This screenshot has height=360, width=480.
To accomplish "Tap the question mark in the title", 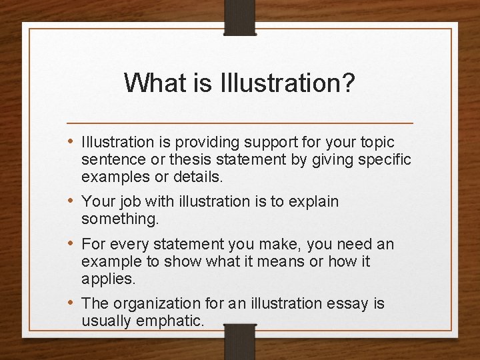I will point(348,83).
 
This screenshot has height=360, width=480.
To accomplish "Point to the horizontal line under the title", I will point(240,124).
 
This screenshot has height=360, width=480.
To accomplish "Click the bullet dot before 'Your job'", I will point(73,201).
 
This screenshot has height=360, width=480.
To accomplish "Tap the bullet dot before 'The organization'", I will point(73,303).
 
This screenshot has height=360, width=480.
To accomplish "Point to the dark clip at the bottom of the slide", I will point(240,341).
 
